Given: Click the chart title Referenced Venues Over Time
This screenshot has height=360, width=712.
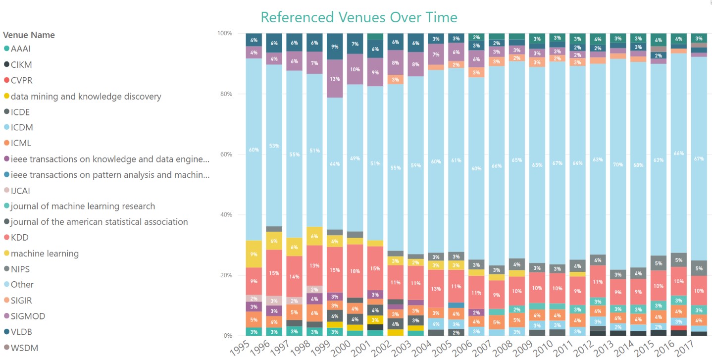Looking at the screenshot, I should tap(358, 17).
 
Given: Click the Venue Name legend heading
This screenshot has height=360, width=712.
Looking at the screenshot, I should tap(29, 35).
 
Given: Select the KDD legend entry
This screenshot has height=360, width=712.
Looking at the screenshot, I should tap(19, 238).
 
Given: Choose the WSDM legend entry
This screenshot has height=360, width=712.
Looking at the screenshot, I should tap(24, 348).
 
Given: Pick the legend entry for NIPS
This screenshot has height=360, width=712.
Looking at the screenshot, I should tap(20, 269).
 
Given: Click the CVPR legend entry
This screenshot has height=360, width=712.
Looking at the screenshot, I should tap(22, 80).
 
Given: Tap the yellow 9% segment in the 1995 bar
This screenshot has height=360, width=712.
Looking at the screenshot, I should tap(254, 254).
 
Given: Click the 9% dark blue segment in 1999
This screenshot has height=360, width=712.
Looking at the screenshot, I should tap(335, 47).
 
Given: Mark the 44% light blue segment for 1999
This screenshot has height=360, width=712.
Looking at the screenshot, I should tap(335, 163).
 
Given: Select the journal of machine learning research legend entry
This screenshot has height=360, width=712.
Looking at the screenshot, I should tap(83, 206).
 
